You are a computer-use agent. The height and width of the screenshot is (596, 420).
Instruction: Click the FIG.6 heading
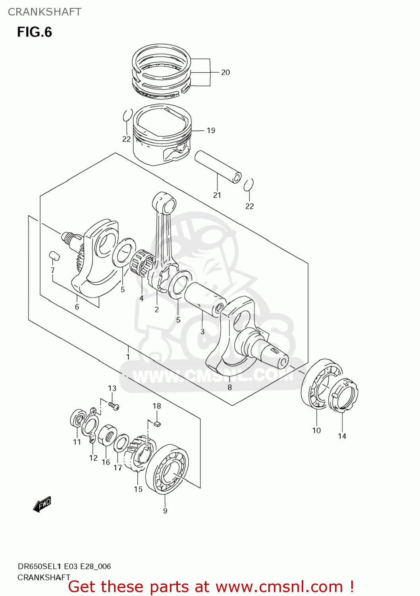click(34, 32)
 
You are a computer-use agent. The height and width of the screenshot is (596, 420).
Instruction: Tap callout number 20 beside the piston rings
click(225, 72)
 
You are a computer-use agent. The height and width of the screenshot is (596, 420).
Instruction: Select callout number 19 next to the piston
click(211, 130)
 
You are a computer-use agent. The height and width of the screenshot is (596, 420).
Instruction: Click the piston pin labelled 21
click(218, 166)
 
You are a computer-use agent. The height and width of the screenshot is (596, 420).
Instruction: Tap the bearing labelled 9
click(167, 469)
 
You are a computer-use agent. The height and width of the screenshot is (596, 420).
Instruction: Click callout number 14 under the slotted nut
click(342, 436)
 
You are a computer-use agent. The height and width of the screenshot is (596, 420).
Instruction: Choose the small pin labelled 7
click(54, 255)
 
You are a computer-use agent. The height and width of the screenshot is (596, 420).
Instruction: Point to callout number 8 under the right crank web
click(229, 387)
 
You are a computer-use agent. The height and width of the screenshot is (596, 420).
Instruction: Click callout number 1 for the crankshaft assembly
click(128, 356)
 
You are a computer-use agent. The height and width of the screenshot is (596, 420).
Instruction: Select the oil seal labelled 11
click(77, 419)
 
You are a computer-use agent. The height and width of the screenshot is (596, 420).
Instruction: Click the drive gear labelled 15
click(139, 453)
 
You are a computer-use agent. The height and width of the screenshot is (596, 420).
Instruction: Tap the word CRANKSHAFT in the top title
click(44, 12)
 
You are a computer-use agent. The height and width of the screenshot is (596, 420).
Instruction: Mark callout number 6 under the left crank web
click(77, 307)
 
